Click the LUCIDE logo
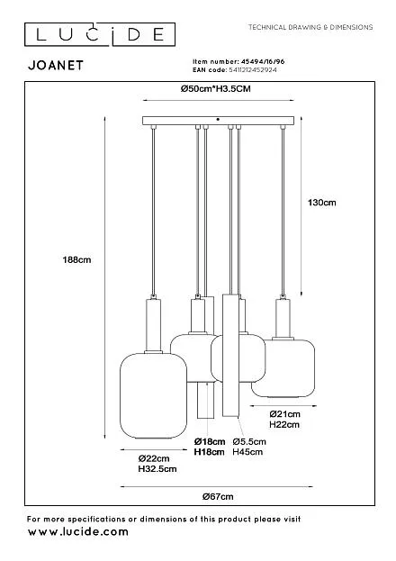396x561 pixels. (x=100, y=34)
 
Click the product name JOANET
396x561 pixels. (x=56, y=65)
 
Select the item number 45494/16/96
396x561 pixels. (x=263, y=61)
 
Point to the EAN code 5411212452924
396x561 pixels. (x=253, y=69)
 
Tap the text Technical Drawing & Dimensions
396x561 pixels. (x=310, y=27)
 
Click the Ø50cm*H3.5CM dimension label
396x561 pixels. (x=216, y=89)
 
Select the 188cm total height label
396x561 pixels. (x=76, y=259)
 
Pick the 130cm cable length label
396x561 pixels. (x=322, y=203)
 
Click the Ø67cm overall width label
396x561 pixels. (x=218, y=496)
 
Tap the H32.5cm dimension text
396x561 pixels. (x=157, y=468)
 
